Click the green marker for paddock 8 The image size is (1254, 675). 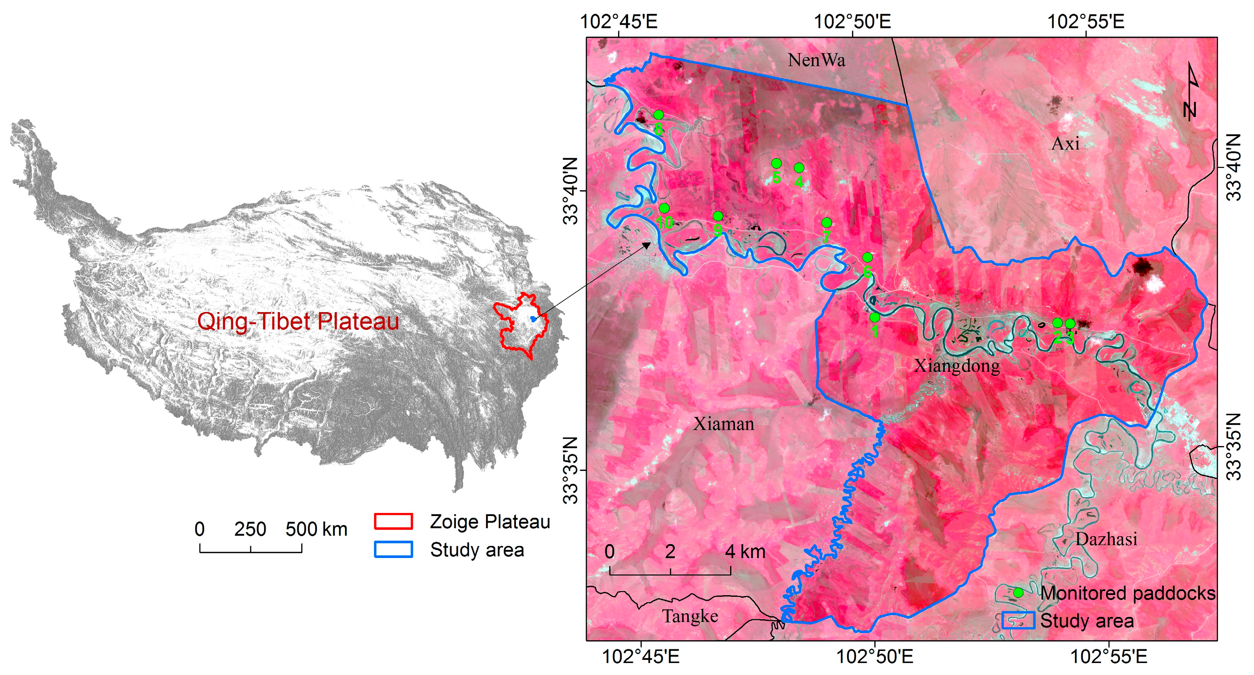(658, 115)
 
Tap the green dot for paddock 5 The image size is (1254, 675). (776, 163)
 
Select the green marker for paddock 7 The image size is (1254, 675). (826, 223)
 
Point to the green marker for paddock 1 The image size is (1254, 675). (874, 317)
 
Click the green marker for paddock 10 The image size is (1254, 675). (664, 208)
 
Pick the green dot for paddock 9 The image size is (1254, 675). (718, 216)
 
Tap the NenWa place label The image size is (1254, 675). (816, 60)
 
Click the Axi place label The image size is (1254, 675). (1065, 144)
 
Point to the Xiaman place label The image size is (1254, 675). (723, 424)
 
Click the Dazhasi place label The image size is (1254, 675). (1106, 539)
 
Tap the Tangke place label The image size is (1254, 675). (690, 617)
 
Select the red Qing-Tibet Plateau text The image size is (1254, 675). (298, 321)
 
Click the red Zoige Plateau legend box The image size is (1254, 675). (393, 521)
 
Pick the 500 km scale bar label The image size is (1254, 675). (316, 529)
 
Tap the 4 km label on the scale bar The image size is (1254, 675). (744, 552)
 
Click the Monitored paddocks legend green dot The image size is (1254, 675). (1018, 593)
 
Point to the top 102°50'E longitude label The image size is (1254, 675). (852, 21)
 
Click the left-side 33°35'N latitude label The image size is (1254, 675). (570, 470)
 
